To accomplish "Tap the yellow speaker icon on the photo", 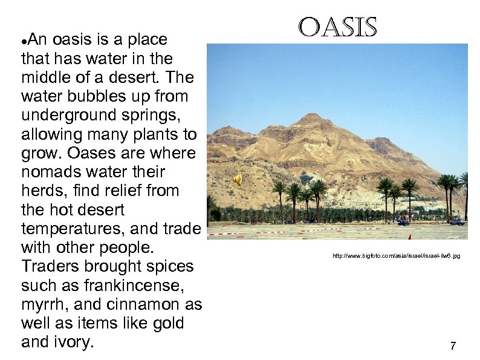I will click(238, 179).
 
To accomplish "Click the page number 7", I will click(453, 346).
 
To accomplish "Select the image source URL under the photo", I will click(396, 256).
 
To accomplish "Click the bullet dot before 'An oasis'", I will click(24, 41).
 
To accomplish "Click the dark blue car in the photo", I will click(403, 223).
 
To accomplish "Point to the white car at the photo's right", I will click(457, 221).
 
